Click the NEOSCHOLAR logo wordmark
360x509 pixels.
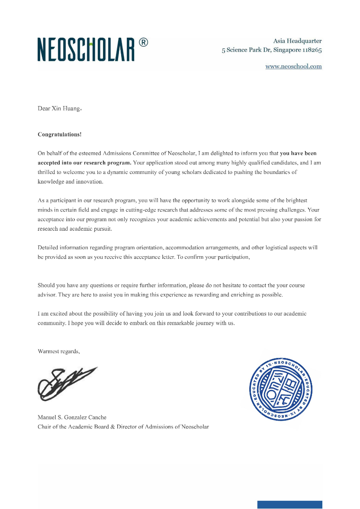[x=86, y=49]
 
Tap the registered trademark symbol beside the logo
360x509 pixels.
[x=143, y=42]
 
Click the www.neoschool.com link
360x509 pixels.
[x=293, y=66]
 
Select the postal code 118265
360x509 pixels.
[x=312, y=50]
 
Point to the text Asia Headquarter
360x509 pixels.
[x=297, y=41]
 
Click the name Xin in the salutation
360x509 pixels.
[x=57, y=108]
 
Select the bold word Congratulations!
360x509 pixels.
[x=59, y=134]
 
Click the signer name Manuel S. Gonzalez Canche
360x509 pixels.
[x=72, y=417]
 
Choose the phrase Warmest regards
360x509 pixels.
[x=58, y=351]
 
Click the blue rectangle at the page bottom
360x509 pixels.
[x=289, y=505]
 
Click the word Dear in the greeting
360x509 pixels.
[x=44, y=108]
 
